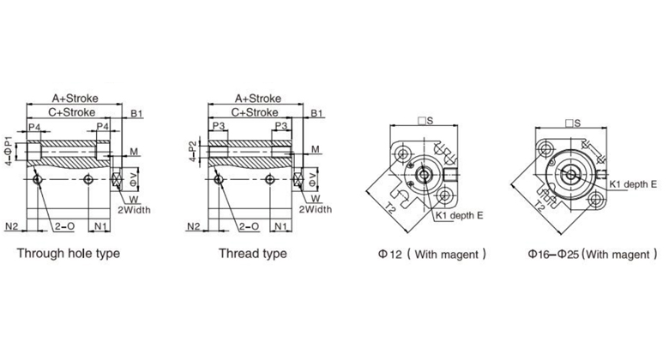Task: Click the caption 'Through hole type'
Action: click(x=69, y=254)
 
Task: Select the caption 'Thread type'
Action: click(x=252, y=254)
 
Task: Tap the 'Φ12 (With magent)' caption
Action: click(x=431, y=255)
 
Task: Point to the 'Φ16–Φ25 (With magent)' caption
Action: click(x=593, y=255)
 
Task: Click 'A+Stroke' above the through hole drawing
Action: click(x=75, y=98)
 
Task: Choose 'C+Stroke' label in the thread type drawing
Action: click(x=255, y=112)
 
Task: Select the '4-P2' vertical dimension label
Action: click(x=193, y=151)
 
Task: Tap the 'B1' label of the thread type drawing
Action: click(x=316, y=113)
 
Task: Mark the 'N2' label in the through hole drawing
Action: click(x=11, y=226)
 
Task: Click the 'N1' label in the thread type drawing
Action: click(x=280, y=226)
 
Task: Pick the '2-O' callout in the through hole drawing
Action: click(x=64, y=226)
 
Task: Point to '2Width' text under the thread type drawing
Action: click(x=316, y=209)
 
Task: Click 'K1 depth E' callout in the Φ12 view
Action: click(x=459, y=215)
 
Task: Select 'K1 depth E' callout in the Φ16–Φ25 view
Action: click(x=633, y=184)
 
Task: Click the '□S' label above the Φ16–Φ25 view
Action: click(x=573, y=123)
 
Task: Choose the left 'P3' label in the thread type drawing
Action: click(x=219, y=126)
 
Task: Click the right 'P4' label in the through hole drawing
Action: click(x=103, y=127)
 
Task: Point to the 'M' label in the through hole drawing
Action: click(x=134, y=152)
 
